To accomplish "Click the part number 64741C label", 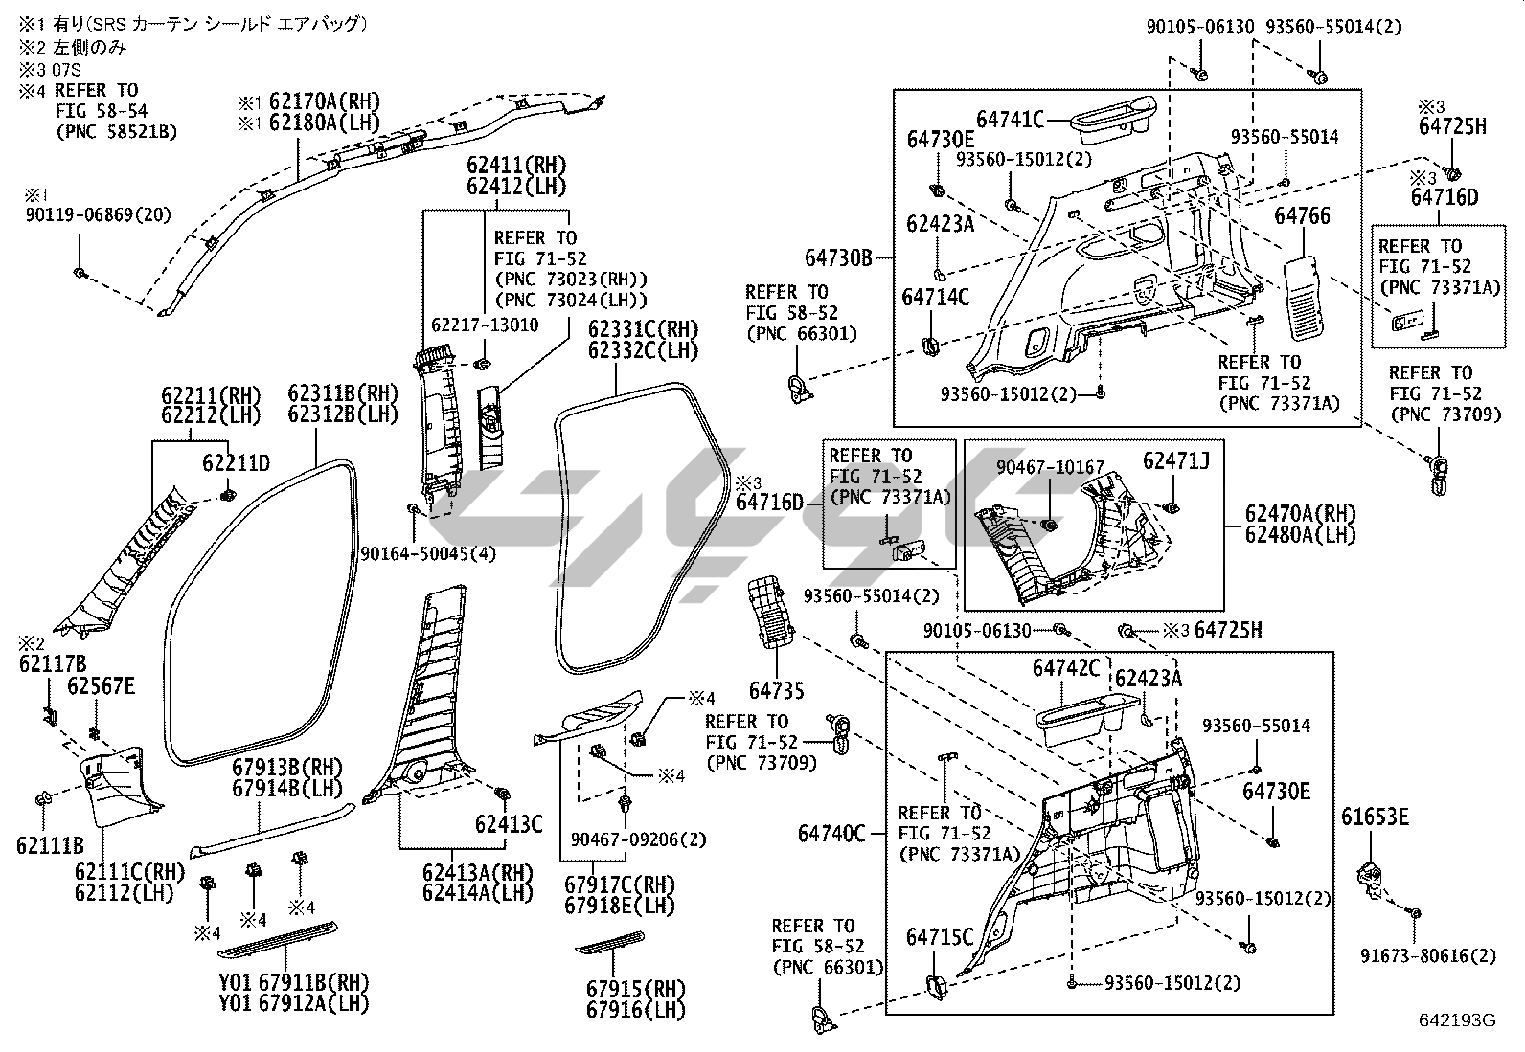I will tap(1010, 120).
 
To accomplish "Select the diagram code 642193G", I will tap(1457, 1020).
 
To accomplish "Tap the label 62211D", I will tap(235, 464).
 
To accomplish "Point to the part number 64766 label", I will tap(1302, 216).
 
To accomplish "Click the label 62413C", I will tap(509, 823).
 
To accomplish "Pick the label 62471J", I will tap(1175, 461).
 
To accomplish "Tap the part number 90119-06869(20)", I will tap(99, 215).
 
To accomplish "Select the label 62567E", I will tap(101, 685).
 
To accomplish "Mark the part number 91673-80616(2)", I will tap(1428, 955).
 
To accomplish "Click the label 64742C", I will tap(1066, 667).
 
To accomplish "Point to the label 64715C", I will tap(940, 937).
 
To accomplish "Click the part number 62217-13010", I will tap(485, 325).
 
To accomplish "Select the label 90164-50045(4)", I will tap(428, 553).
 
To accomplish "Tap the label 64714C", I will tap(935, 298).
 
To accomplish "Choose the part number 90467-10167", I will tap(1050, 466).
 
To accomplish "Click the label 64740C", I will tap(831, 834).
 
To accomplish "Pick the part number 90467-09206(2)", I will tap(637, 839).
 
